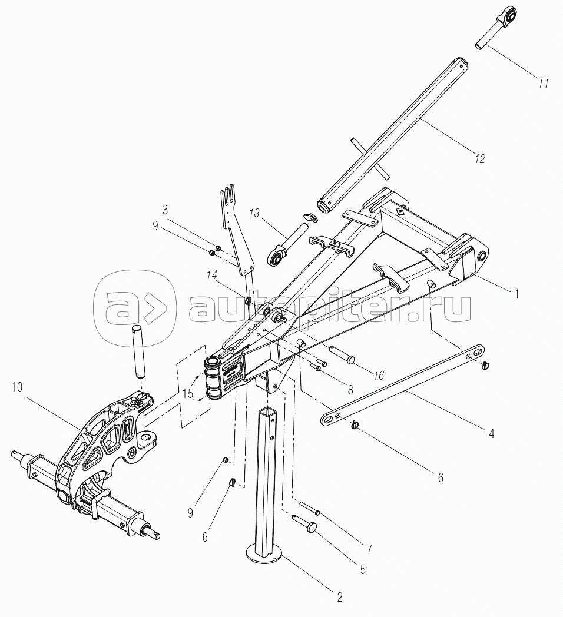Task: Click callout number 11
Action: click(x=544, y=84)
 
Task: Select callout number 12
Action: click(x=480, y=158)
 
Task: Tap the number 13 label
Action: click(x=255, y=214)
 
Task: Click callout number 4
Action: click(x=491, y=433)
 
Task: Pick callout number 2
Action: click(x=340, y=597)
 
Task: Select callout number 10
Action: click(x=17, y=387)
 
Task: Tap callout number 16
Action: click(x=379, y=376)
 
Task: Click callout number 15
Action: click(x=188, y=393)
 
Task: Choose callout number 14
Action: click(x=212, y=276)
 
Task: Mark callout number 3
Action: click(x=165, y=210)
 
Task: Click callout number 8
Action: click(x=350, y=389)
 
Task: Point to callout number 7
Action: click(x=369, y=549)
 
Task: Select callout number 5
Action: click(x=363, y=569)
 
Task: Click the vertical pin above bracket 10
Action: click(x=138, y=352)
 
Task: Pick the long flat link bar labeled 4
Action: click(x=403, y=385)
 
